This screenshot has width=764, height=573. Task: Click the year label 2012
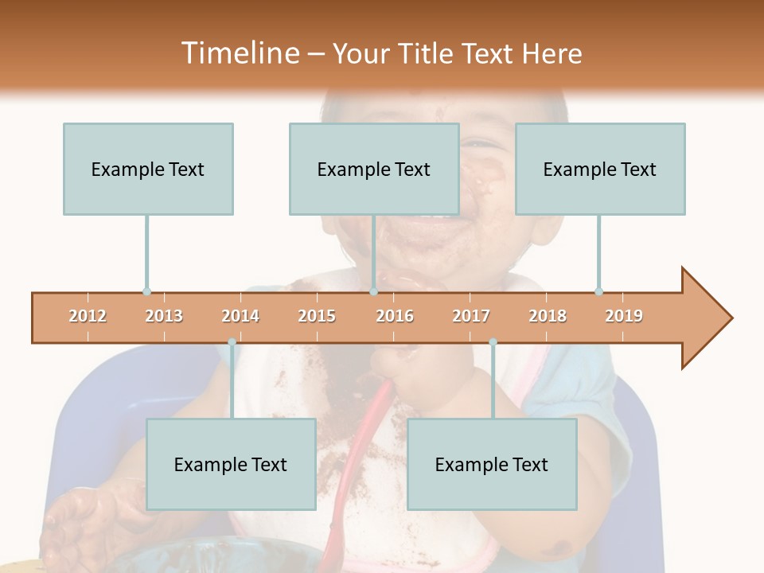point(88,316)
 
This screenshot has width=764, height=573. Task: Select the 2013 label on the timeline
point(164,316)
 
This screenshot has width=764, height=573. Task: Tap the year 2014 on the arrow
point(240,316)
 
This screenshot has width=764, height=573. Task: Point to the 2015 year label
point(317,316)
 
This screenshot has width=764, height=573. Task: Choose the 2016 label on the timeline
point(395,316)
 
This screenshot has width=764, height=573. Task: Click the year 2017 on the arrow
point(471,316)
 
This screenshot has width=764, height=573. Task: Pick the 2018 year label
point(548,316)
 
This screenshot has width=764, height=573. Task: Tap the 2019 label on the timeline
point(624,316)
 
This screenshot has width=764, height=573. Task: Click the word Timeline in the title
point(238,53)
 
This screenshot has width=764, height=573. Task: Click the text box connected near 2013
point(148,169)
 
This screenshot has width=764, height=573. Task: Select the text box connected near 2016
point(374,169)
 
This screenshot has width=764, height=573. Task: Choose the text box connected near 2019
point(600,169)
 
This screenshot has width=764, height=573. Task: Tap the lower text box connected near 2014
point(231,464)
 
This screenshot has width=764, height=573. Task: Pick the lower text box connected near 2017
point(492,464)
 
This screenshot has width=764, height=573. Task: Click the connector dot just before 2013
point(146,291)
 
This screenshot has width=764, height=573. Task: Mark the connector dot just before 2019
point(598,291)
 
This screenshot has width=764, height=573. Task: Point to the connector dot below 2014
point(232,342)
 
